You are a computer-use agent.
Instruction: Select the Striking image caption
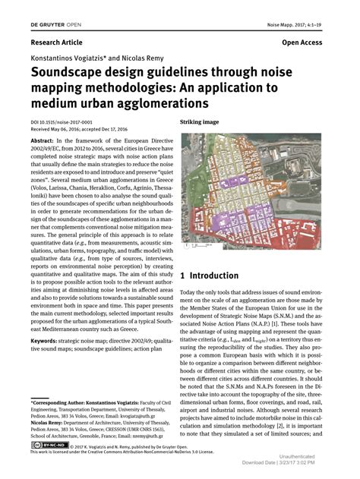pyautogui.click(x=199, y=121)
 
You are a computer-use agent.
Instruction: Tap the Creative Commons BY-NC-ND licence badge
pyautogui.click(x=45, y=446)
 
